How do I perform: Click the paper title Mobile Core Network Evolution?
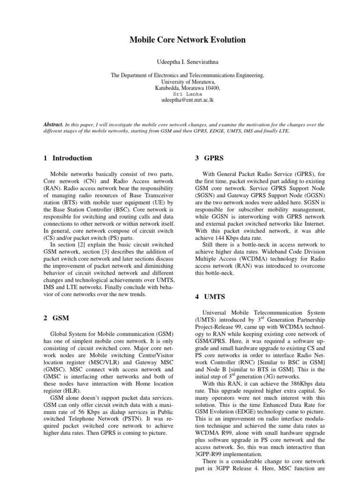click(187, 40)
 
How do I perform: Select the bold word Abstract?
click(53, 125)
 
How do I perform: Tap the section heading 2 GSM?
click(56, 318)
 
